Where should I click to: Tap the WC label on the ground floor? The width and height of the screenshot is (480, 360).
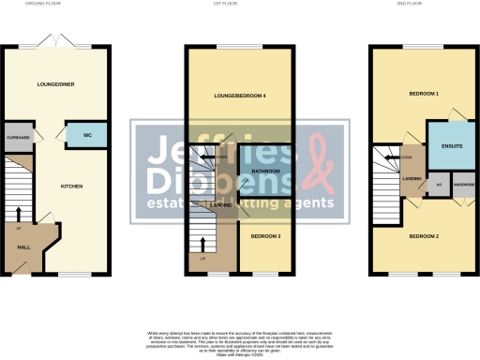pyautogui.click(x=87, y=136)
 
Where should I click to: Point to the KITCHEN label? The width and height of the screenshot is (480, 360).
pyautogui.click(x=72, y=187)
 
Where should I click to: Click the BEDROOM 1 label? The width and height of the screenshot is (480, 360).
pyautogui.click(x=424, y=95)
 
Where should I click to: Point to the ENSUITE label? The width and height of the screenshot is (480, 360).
pyautogui.click(x=440, y=148)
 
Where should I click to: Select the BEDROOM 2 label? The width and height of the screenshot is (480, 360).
pyautogui.click(x=424, y=235)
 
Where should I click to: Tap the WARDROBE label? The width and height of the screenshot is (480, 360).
pyautogui.click(x=464, y=185)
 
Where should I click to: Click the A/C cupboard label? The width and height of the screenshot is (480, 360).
pyautogui.click(x=438, y=185)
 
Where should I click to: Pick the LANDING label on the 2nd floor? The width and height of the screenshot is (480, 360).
pyautogui.click(x=410, y=176)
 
